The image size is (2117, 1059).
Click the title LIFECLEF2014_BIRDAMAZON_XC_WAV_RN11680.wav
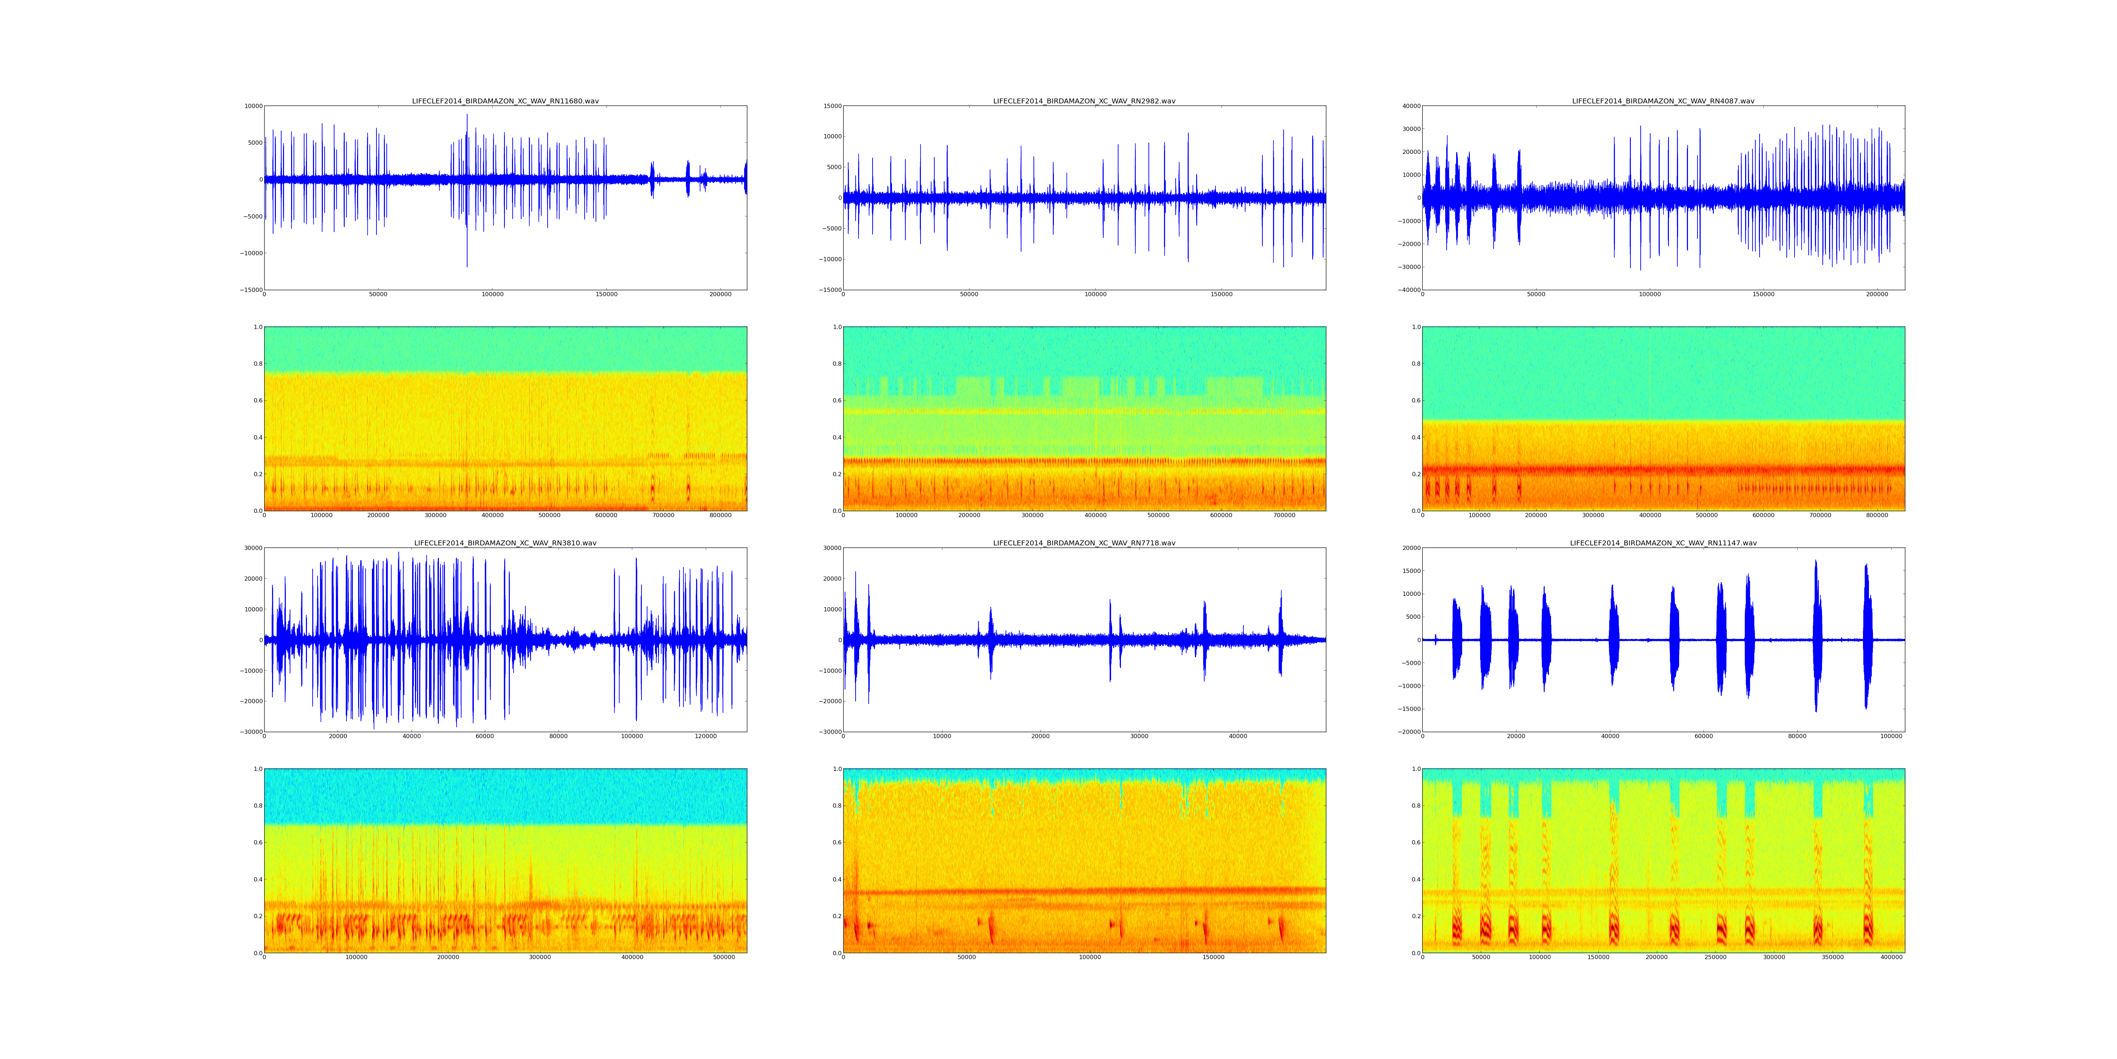pyautogui.click(x=505, y=101)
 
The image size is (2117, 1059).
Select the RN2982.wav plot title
pyautogui.click(x=1084, y=101)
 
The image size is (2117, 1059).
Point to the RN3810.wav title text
pyautogui.click(x=505, y=544)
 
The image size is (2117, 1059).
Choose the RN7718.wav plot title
pyautogui.click(x=1084, y=544)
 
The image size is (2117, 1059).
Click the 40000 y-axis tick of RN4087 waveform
pyautogui.click(x=1410, y=106)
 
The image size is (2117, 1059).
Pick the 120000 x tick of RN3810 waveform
pyautogui.click(x=706, y=737)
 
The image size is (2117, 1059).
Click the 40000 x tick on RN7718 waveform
pyautogui.click(x=1238, y=737)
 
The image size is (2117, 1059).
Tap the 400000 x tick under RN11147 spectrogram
pyautogui.click(x=1892, y=958)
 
